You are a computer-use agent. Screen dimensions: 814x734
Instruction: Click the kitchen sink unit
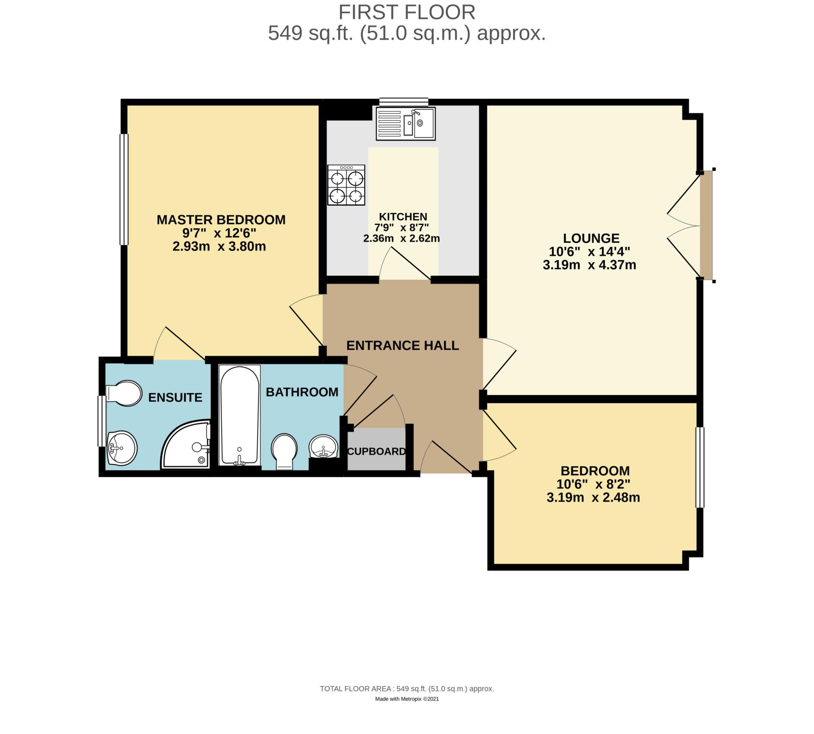pos(405,124)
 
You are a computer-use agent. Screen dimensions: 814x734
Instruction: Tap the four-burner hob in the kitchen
pos(346,185)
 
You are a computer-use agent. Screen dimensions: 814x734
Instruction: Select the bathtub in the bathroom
pos(239,415)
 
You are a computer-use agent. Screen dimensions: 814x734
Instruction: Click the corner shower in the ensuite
pos(186,444)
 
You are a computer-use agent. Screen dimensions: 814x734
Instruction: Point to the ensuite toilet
pos(124,393)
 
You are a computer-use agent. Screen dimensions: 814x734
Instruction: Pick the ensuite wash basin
pos(122,448)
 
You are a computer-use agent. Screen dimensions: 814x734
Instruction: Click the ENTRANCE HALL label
pos(403,346)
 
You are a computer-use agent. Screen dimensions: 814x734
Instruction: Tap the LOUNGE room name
pos(591,238)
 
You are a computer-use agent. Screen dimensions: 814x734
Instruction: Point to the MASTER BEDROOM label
pos(221,220)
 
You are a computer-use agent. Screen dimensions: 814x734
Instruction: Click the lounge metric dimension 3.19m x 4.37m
pos(589,265)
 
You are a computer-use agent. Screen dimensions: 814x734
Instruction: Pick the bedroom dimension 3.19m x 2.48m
pos(593,498)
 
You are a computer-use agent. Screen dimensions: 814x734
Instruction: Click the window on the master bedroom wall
pos(124,190)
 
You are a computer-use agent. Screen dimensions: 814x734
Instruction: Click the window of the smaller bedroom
pos(700,467)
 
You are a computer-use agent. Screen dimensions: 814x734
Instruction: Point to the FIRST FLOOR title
pos(407,12)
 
